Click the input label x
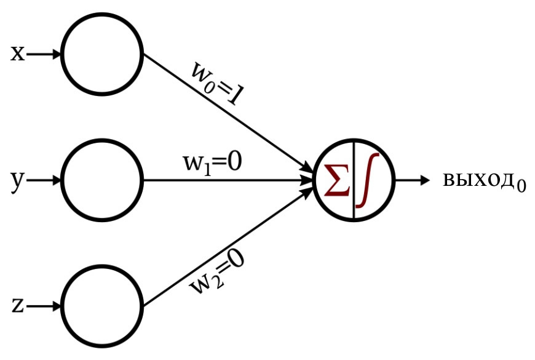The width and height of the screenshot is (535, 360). (18, 54)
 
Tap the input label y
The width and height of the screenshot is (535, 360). (18, 182)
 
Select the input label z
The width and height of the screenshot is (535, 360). (18, 306)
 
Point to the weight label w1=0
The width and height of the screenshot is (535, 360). (213, 163)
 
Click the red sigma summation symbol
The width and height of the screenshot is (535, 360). (337, 180)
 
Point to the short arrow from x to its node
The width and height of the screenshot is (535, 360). (44, 54)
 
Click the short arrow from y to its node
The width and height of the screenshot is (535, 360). (44, 180)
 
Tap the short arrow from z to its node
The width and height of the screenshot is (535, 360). (44, 306)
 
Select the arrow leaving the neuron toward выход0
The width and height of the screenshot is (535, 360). (413, 180)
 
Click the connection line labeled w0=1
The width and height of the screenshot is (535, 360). (228, 113)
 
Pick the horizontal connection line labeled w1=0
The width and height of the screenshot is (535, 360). (228, 180)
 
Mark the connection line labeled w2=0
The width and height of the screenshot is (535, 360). (228, 247)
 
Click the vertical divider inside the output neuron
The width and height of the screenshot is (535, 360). (354, 180)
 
